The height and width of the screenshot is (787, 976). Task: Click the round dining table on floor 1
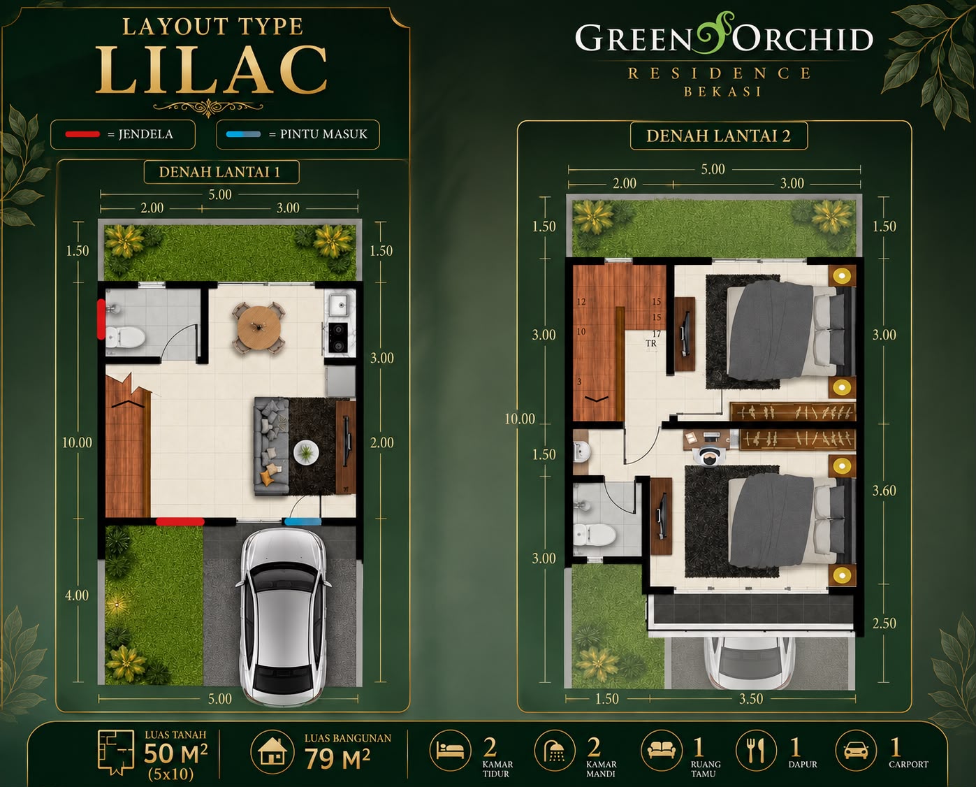258,327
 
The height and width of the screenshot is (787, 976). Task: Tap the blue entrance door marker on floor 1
303,521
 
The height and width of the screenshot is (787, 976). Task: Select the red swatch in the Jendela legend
82,134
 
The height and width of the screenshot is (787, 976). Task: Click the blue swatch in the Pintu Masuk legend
244,134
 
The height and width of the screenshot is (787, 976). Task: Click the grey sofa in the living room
271,446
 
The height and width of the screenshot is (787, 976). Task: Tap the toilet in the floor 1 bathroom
126,337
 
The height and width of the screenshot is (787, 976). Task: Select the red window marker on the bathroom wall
101,319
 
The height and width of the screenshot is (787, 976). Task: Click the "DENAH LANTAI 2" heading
718,136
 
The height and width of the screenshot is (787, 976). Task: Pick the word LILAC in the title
212,70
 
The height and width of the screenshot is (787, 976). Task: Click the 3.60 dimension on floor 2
884,491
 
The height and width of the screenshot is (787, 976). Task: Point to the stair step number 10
581,331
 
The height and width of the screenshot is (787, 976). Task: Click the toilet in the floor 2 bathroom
594,535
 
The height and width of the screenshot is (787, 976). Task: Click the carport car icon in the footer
857,751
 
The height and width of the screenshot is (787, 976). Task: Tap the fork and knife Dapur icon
756,750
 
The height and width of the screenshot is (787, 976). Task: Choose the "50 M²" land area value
175,753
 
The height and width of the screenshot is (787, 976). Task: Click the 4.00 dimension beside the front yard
77,595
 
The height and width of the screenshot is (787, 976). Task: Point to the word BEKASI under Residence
722,92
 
